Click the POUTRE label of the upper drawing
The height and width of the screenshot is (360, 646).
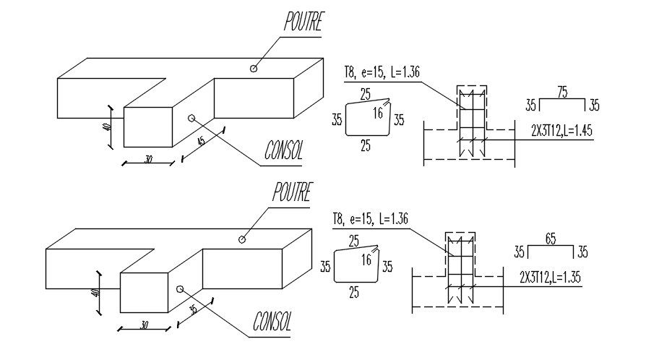[x=302, y=22]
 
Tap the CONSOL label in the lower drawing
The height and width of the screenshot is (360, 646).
[x=272, y=322]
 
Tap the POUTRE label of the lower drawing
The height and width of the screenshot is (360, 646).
[x=291, y=193]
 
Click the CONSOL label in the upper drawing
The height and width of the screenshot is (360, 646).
[x=283, y=150]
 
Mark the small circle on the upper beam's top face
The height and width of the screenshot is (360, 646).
[x=253, y=69]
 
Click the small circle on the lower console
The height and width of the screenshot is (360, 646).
[x=179, y=288]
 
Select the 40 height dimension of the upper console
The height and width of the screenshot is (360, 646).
[x=106, y=127]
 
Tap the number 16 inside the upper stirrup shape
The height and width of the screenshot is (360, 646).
[x=379, y=112]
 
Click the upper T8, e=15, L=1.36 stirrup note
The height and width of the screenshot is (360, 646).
[x=382, y=72]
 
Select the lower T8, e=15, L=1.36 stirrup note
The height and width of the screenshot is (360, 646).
[x=370, y=218]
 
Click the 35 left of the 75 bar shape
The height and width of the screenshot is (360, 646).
[x=532, y=106]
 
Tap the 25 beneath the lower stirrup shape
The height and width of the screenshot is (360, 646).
[x=354, y=293]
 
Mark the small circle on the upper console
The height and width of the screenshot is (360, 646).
[x=191, y=117]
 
